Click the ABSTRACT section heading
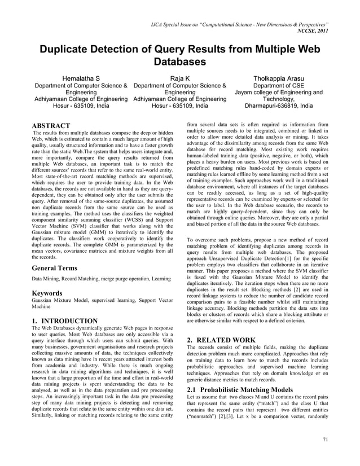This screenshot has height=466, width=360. [x=51, y=125]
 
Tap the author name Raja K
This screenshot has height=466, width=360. [x=180, y=77]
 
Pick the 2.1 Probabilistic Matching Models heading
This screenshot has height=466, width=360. [x=240, y=390]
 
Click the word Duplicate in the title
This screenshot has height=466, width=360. [x=68, y=49]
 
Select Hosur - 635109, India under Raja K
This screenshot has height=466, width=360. [x=180, y=105]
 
